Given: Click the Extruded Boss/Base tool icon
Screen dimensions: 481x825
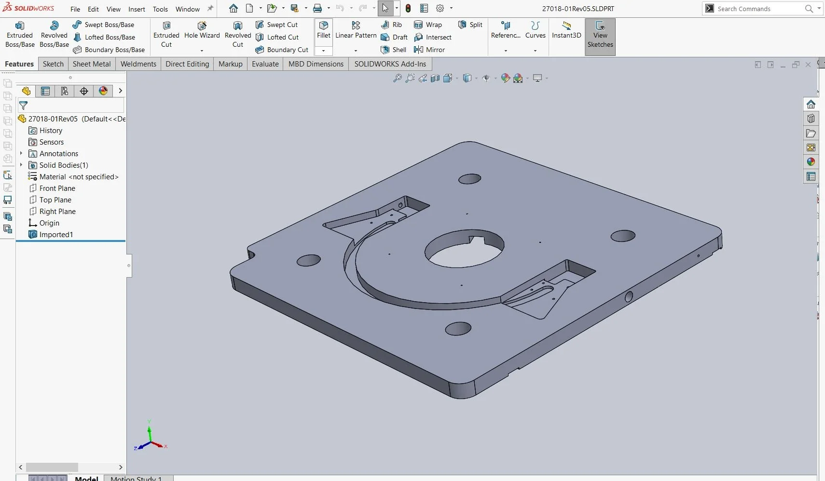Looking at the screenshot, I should click(20, 26).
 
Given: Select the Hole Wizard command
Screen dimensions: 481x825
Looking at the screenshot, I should click(202, 26).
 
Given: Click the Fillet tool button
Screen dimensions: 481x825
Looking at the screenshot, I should click(324, 26).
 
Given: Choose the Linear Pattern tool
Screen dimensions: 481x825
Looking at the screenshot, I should click(356, 26).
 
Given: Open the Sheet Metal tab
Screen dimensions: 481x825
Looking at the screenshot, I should click(92, 64).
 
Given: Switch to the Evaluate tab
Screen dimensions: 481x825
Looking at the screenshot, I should click(265, 64).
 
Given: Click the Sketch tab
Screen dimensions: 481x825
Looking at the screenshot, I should click(53, 64).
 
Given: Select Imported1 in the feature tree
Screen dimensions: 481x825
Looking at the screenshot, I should click(56, 235).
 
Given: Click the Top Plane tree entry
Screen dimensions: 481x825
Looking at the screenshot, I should click(55, 200).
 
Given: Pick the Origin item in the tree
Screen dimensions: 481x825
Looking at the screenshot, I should click(49, 223).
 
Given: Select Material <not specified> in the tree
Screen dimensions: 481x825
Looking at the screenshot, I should click(79, 177).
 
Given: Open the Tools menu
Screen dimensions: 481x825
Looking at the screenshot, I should click(160, 9).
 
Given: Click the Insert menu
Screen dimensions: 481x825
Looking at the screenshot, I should click(137, 9).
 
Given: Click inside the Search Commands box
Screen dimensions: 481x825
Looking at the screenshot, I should click(757, 9).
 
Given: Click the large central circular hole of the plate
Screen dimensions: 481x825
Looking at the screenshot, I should click(464, 251).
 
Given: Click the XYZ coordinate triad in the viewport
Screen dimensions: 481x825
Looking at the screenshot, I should click(151, 440).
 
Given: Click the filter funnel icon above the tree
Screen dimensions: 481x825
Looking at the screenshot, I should click(23, 106).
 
